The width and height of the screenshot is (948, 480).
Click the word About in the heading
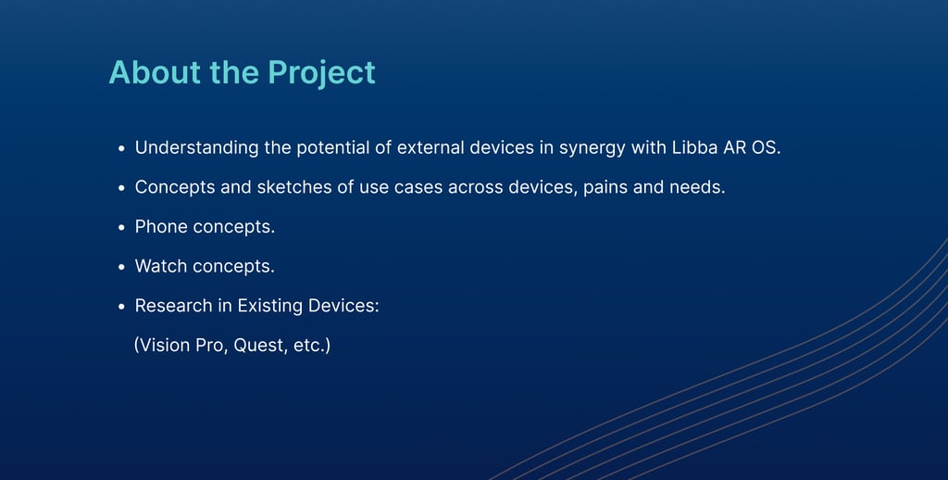click(x=155, y=72)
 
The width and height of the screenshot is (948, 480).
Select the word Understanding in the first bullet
click(x=196, y=148)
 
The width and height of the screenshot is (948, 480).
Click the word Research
click(x=173, y=306)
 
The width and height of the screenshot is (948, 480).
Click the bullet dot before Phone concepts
click(x=121, y=228)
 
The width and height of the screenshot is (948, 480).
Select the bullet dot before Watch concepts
click(x=121, y=267)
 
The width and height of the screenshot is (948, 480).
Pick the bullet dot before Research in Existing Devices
click(x=121, y=307)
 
